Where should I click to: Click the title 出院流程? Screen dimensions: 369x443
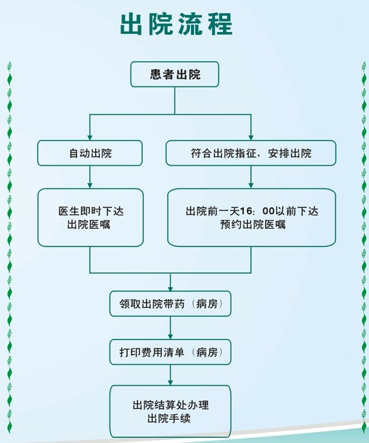coord(177,24)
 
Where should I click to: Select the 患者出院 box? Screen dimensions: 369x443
coord(174,74)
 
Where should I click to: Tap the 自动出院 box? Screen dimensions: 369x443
coord(90,153)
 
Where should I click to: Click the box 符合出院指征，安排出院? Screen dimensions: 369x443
coord(251,153)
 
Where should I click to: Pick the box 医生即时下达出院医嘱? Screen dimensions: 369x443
coord(90,218)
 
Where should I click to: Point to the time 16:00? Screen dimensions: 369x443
coord(257,211)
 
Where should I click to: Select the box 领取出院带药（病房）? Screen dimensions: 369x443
coord(171,304)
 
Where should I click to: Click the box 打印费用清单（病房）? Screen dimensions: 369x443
coord(171,352)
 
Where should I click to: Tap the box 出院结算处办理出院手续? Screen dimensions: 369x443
coord(171,411)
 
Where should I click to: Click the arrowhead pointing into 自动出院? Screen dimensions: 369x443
coord(90,137)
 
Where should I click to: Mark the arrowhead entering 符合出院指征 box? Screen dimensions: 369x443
coord(251,137)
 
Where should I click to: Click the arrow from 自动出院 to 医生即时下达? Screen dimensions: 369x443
coord(90,177)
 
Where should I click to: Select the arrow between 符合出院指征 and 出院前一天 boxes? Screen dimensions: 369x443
coord(251,177)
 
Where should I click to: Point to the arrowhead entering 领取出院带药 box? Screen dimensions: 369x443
coord(171,288)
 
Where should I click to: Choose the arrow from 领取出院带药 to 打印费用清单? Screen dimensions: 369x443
coord(171,328)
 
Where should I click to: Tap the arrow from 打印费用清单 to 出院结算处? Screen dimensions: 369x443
coord(171,375)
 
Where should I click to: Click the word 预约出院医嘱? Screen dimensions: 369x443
coord(253,224)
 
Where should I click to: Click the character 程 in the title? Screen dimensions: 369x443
coord(220,24)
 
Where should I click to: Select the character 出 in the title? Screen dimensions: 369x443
coord(131,24)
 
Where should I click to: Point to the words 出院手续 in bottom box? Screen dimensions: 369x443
coord(169,418)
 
